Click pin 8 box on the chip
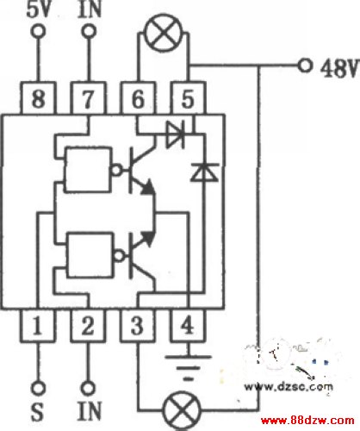coord(38,98)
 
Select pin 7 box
coord(89,98)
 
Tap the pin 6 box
coord(138,98)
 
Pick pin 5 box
coord(189,98)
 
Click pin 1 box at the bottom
coord(37,326)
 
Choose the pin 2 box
coord(88,326)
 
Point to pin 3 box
coord(138,326)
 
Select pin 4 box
coord(188,326)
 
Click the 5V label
coord(39,9)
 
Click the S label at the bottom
coord(37,411)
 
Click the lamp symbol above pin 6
coord(164,33)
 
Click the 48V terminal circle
coord(305,66)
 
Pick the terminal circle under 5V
coord(38,31)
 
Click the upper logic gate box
coord(88,170)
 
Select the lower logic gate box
coord(90,255)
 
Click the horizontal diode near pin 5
coord(176,134)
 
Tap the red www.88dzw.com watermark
coord(307,421)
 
